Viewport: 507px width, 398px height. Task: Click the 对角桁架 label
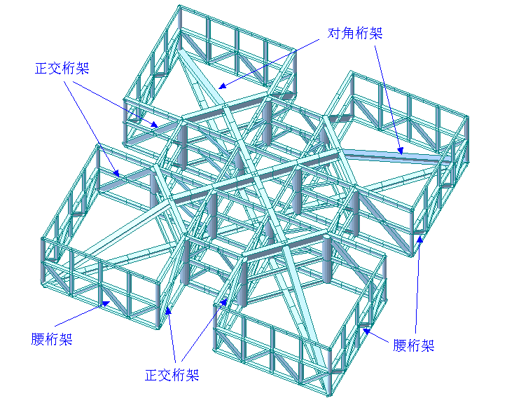(355, 33)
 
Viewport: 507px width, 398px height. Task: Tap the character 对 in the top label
(335, 33)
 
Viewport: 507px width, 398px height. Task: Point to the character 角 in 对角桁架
(348, 33)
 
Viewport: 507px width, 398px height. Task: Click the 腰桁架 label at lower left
(52, 340)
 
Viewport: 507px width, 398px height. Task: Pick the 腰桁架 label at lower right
(413, 345)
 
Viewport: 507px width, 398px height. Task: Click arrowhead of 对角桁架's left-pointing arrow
(219, 88)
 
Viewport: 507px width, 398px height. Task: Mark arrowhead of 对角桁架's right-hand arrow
(401, 151)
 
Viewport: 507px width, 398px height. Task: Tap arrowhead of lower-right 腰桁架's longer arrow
(420, 236)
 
